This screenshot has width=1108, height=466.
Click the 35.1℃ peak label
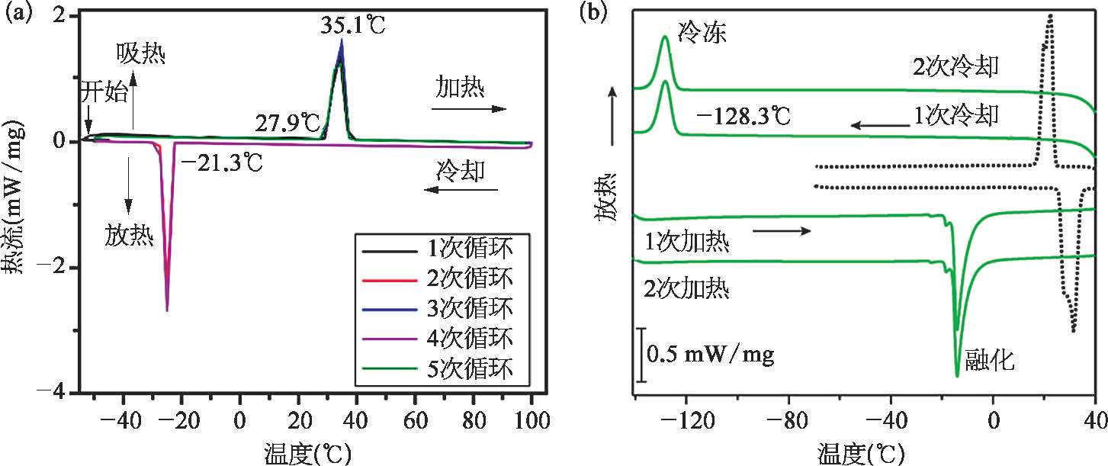[x=353, y=26]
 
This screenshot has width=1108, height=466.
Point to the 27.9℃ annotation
[x=287, y=121]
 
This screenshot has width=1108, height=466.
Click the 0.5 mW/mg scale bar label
[x=710, y=355]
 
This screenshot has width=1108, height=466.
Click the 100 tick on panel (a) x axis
[x=532, y=419]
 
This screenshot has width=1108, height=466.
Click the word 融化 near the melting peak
[x=989, y=361]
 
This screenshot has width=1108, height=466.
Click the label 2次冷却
[x=955, y=67]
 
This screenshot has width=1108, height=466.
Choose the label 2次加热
[x=687, y=289]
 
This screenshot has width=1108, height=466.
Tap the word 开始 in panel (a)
[x=103, y=94]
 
